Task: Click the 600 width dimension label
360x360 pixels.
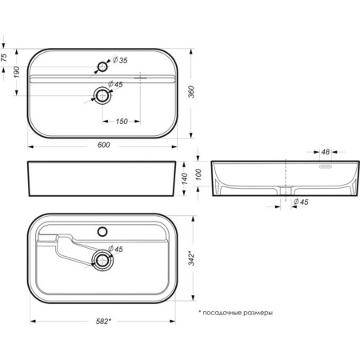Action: (x=103, y=145)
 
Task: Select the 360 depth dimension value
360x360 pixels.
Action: (x=191, y=92)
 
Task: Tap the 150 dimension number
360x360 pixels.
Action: (x=122, y=122)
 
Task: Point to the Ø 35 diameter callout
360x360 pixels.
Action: (x=120, y=60)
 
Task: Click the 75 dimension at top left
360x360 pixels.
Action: (x=4, y=58)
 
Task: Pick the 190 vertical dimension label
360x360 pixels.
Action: (x=17, y=72)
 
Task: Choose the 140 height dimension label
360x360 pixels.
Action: (x=185, y=178)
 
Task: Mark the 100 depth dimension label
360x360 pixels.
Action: (x=198, y=174)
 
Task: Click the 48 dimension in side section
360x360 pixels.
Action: (x=326, y=152)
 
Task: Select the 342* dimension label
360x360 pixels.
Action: (x=192, y=258)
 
